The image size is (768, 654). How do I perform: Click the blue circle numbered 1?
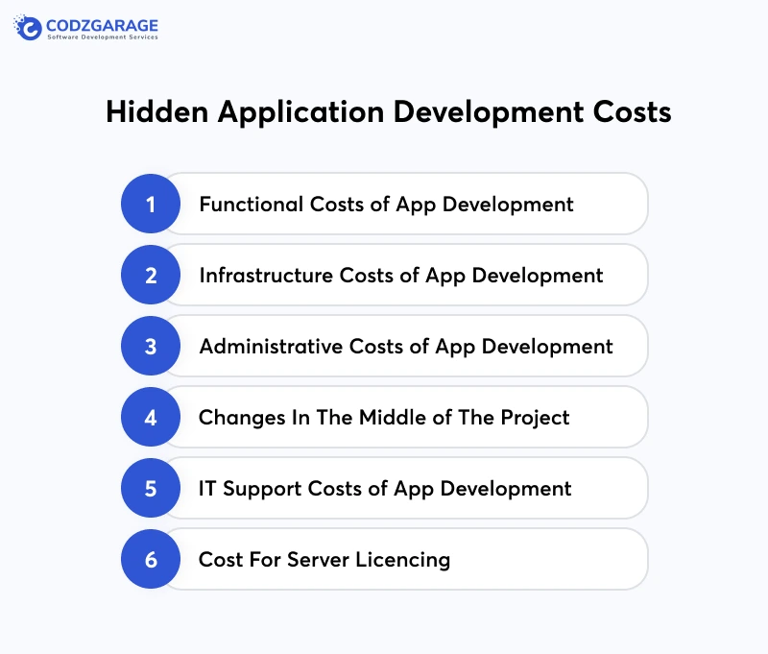(151, 205)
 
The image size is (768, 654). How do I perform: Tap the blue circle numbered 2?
(151, 276)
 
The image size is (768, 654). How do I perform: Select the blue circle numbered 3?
(151, 347)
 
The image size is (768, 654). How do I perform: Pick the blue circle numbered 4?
(151, 418)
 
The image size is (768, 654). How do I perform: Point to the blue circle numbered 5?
(151, 489)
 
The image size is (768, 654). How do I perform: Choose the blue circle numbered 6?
(151, 560)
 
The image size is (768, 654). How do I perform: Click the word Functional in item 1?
(252, 205)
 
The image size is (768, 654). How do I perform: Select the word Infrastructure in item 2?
(266, 276)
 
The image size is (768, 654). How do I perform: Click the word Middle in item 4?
(397, 418)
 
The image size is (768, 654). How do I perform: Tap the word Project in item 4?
(533, 419)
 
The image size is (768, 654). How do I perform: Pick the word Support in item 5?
(263, 489)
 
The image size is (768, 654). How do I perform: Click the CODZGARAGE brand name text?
(102, 25)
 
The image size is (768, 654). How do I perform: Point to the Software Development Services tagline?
(103, 37)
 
